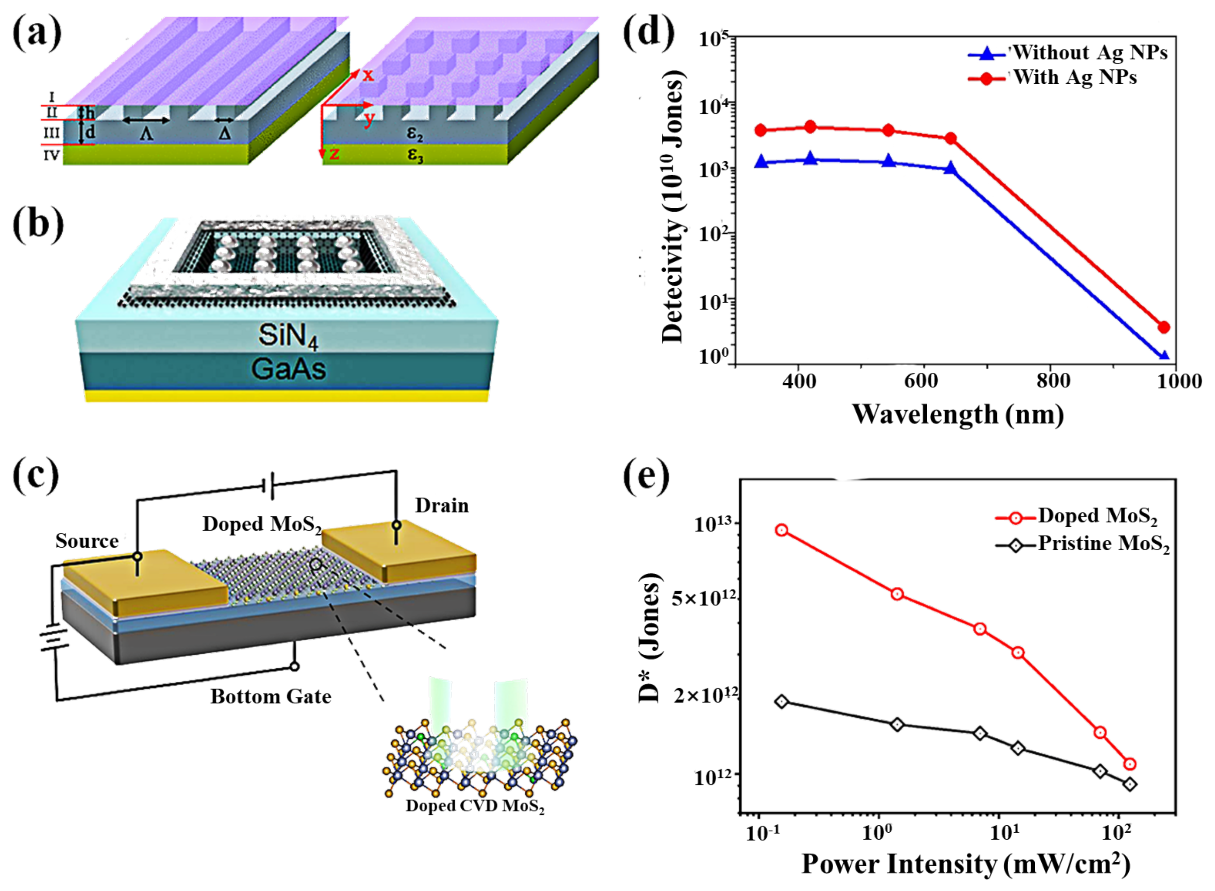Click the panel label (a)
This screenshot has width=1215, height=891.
pyautogui.click(x=37, y=33)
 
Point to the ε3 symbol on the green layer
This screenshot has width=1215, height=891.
pyautogui.click(x=415, y=155)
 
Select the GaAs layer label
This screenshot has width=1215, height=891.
pyautogui.click(x=289, y=370)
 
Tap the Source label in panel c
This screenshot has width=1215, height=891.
pyautogui.click(x=87, y=541)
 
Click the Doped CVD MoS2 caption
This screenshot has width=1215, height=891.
pyautogui.click(x=474, y=806)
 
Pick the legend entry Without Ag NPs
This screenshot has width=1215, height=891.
pyautogui.click(x=1089, y=53)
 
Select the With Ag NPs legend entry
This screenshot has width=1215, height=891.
pyautogui.click(x=1075, y=78)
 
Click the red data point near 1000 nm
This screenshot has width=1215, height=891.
pyautogui.click(x=1163, y=327)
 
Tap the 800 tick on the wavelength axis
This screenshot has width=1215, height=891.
pyautogui.click(x=1053, y=381)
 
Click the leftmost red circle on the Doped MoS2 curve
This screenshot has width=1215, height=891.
pyautogui.click(x=781, y=530)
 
